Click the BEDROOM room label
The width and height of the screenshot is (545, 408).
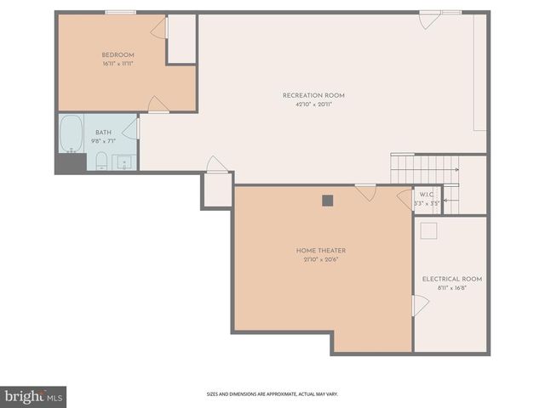tap(118, 55)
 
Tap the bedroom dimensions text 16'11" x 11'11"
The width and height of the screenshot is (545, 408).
tap(118, 64)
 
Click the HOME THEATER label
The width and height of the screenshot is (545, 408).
tap(320, 250)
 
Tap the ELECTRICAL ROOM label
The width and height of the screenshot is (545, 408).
tap(451, 279)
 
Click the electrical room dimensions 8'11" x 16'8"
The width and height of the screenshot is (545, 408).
tap(451, 288)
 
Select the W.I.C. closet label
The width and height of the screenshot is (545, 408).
tap(427, 195)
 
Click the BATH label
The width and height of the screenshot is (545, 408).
tap(103, 132)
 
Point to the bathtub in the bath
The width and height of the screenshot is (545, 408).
tap(70, 133)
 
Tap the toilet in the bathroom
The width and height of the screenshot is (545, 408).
tap(100, 161)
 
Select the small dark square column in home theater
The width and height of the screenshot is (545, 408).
tap(327, 201)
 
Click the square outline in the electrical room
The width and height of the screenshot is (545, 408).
tap(429, 229)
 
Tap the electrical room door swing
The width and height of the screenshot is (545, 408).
tap(419, 306)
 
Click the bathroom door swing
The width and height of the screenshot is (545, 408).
tap(131, 129)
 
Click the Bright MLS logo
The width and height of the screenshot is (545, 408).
tap(33, 396)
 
